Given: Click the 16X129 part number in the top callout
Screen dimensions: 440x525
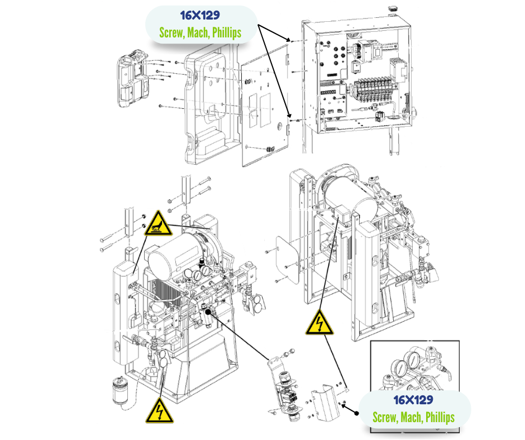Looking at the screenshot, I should [x=200, y=15].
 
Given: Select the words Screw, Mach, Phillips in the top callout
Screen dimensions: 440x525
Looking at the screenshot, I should [x=200, y=32].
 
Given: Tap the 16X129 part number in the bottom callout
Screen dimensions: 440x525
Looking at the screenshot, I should [x=414, y=400].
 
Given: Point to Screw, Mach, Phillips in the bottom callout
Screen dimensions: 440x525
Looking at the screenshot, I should [x=414, y=417].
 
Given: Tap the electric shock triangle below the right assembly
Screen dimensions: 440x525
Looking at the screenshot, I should [x=319, y=323].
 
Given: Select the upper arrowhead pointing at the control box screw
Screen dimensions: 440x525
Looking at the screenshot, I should [x=291, y=40].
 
